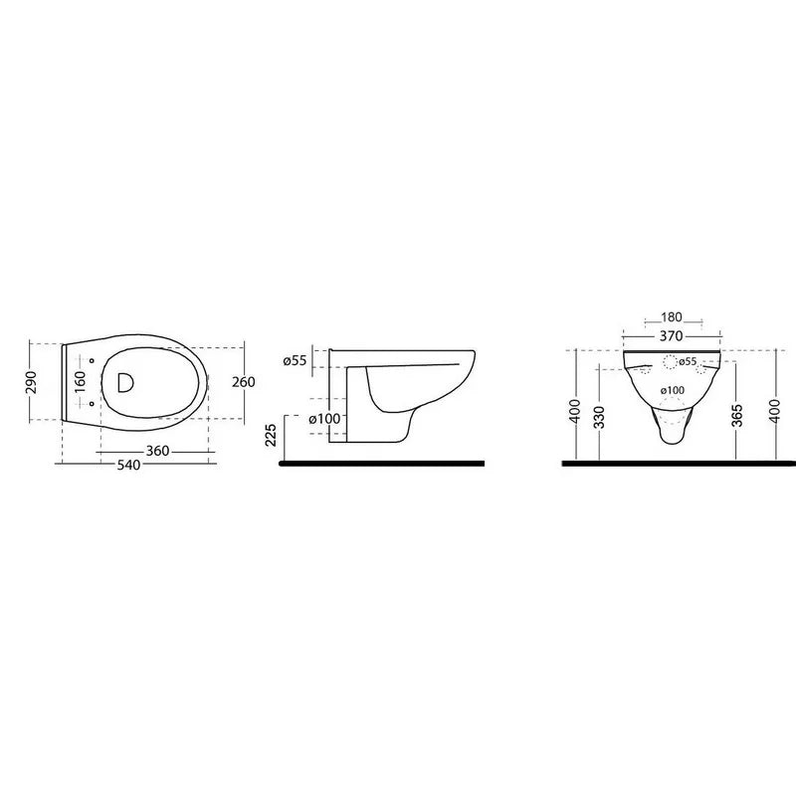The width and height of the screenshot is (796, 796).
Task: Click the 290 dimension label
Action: coord(31,382)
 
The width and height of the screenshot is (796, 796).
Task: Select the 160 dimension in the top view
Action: coord(81,382)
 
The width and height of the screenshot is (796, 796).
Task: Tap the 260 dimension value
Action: coord(244,382)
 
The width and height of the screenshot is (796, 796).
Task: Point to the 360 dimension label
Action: coord(158,451)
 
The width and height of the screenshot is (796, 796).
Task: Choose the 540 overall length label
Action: coord(128,465)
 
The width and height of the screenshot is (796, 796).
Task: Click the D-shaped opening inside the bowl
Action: coord(125,382)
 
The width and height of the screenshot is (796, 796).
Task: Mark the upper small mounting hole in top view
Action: coord(92,361)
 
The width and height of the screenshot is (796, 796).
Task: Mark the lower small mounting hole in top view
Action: coord(92,404)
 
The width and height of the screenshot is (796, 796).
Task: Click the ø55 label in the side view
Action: coord(295,360)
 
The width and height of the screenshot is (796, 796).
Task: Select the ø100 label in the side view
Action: coord(325,419)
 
